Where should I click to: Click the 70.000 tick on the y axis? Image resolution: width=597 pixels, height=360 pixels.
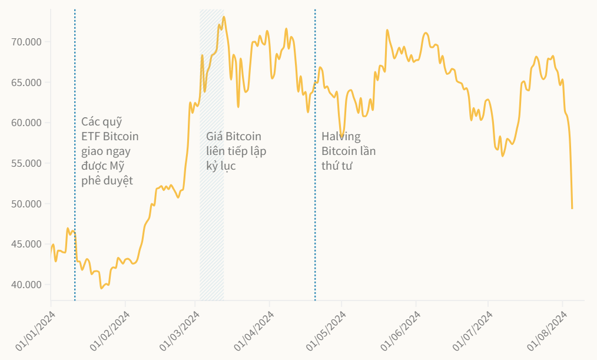pyautogui.click(x=26, y=42)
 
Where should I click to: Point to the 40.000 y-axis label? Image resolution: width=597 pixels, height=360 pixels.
pyautogui.click(x=26, y=285)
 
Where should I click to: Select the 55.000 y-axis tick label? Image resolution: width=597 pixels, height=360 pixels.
pyautogui.click(x=26, y=163)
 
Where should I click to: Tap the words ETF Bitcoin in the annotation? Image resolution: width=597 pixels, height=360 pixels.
pyautogui.click(x=110, y=137)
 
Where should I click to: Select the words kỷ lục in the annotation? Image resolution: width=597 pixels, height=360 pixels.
pyautogui.click(x=221, y=166)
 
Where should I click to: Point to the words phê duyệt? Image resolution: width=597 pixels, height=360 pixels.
pyautogui.click(x=107, y=180)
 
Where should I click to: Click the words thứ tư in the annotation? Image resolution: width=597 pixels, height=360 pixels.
pyautogui.click(x=336, y=166)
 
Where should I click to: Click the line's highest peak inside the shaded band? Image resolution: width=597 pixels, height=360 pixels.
pyautogui.click(x=224, y=17)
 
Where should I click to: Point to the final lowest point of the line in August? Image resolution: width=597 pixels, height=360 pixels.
pyautogui.click(x=572, y=208)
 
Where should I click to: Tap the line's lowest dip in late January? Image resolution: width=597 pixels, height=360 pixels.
pyautogui.click(x=101, y=288)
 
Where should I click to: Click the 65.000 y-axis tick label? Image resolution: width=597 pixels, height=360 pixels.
pyautogui.click(x=26, y=82)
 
